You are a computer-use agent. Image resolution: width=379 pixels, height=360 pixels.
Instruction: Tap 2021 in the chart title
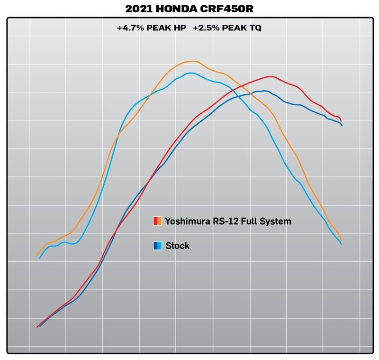coord(135,9)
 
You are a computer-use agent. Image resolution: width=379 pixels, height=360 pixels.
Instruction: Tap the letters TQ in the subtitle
coord(255,28)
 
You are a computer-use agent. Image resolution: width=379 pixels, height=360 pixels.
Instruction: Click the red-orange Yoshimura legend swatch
coord(158,221)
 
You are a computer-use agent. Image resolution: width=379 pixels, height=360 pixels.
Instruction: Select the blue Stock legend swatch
coord(158,246)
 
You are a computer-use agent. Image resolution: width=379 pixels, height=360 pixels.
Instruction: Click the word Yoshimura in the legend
coord(187,221)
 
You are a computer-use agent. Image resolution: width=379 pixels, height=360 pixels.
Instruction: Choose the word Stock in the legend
coord(178,246)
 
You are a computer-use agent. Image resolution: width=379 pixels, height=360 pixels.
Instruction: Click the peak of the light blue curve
coord(190,73)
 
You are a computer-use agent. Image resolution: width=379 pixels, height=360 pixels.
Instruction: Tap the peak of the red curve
coord(271,76)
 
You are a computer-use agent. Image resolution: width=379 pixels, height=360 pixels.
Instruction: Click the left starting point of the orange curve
coord(37,255)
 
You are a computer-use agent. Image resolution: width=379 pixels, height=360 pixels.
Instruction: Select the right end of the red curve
coord(341,120)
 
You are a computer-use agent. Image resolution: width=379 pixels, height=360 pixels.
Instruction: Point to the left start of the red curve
coord(37,327)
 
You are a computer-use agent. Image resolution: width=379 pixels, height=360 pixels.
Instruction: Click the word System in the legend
coord(277,221)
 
